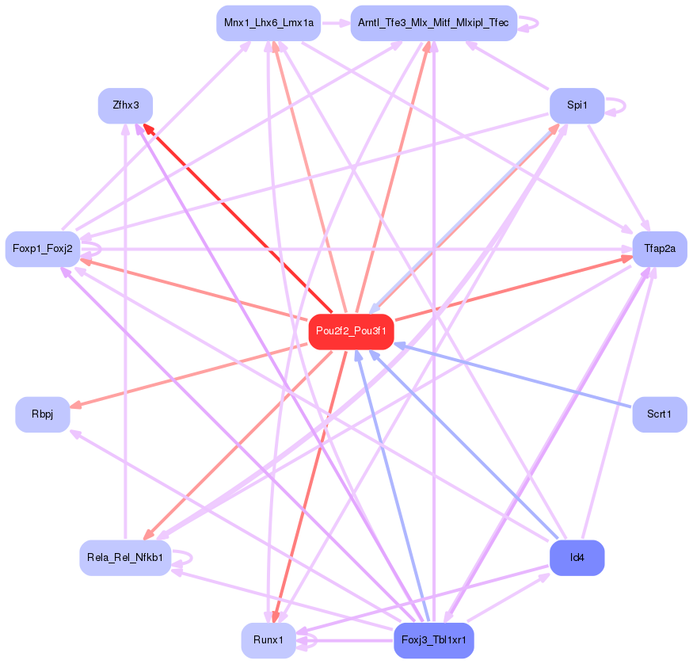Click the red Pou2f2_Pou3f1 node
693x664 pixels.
pyautogui.click(x=351, y=331)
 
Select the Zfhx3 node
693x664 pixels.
pyautogui.click(x=125, y=105)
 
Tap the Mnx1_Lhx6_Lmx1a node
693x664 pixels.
pyautogui.click(x=268, y=24)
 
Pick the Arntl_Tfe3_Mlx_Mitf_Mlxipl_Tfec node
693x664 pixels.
pyautogui.click(x=433, y=24)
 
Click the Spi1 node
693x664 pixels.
pyautogui.click(x=577, y=105)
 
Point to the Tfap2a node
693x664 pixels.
pyautogui.click(x=659, y=249)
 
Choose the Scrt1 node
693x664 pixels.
pyautogui.click(x=659, y=414)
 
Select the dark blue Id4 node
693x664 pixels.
pyautogui.click(x=577, y=558)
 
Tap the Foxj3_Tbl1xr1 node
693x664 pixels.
pyautogui.click(x=433, y=640)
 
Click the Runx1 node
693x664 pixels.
pyautogui.click(x=268, y=640)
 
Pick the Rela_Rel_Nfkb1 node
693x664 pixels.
pyautogui.click(x=125, y=558)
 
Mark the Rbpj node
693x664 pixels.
pyautogui.click(x=43, y=414)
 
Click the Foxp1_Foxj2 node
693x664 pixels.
pyautogui.click(x=43, y=249)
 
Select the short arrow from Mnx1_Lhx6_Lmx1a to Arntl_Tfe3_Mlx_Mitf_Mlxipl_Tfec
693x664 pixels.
pyautogui.click(x=335, y=24)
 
